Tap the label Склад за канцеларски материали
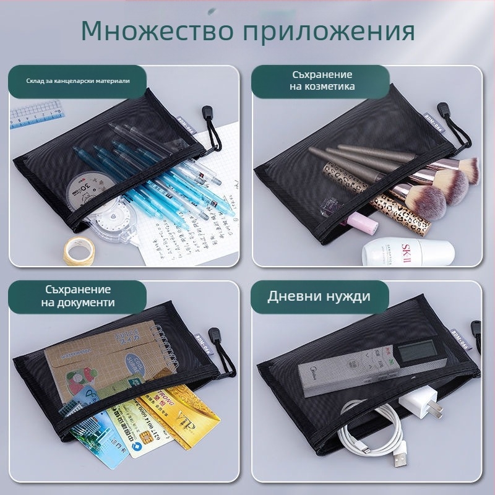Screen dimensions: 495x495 (78, 81)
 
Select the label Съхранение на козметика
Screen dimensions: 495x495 (322, 80)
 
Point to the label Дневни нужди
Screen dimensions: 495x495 (319, 296)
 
